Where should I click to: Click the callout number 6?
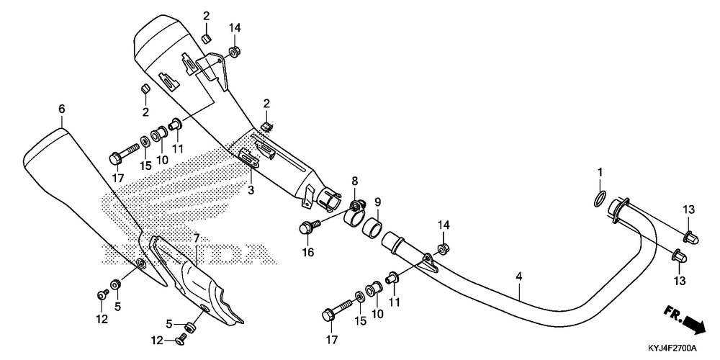click(x=62, y=109)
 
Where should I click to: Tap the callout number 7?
click(x=195, y=238)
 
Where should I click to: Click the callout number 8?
click(x=354, y=180)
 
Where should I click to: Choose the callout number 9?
click(x=377, y=202)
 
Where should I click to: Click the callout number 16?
click(x=307, y=252)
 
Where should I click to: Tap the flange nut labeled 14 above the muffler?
click(x=235, y=51)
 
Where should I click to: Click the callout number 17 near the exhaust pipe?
click(x=332, y=339)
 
